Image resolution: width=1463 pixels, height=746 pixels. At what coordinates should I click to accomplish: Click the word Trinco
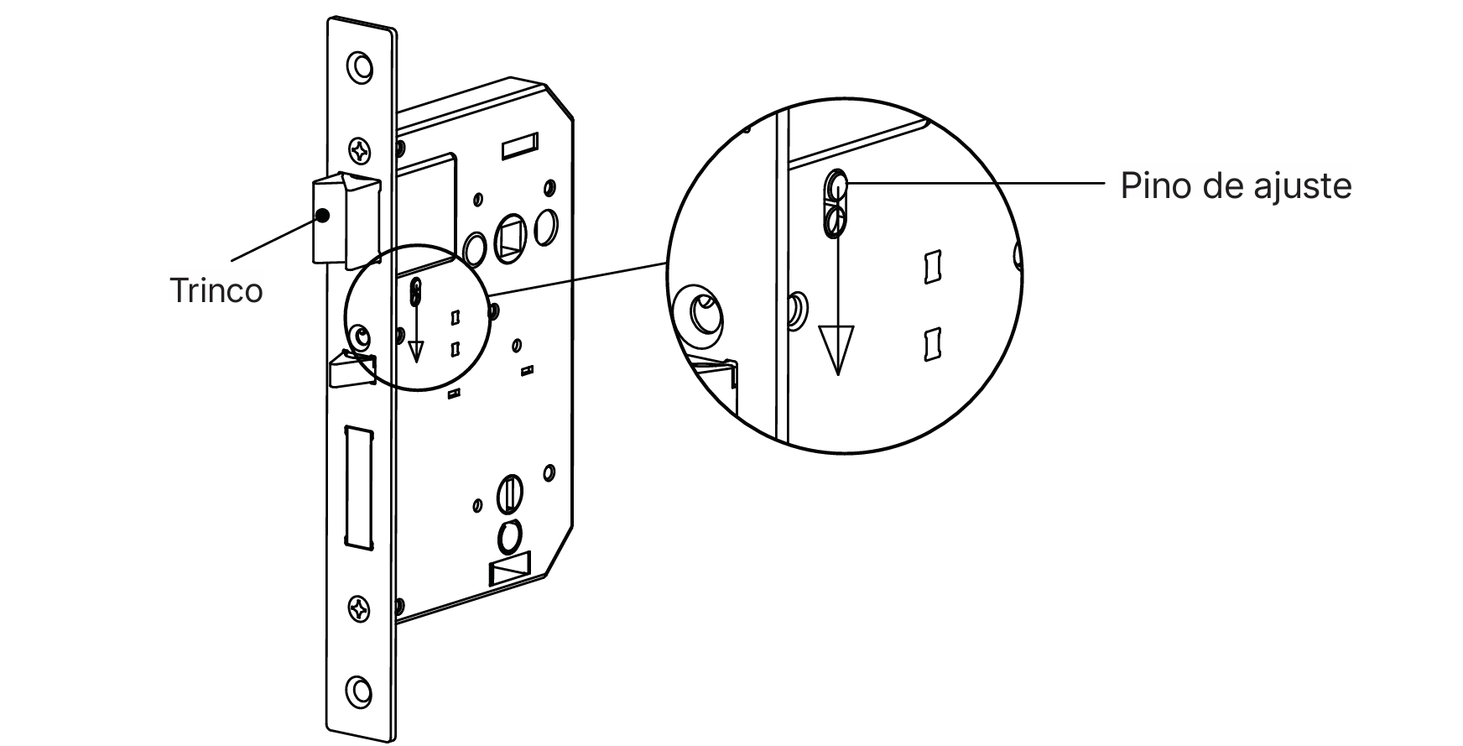tap(216, 290)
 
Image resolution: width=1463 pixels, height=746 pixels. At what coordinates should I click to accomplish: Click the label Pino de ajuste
tap(1236, 185)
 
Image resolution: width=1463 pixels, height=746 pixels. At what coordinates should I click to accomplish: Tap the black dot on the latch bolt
tap(323, 216)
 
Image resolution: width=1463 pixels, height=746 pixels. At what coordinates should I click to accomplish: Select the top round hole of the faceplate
tap(362, 67)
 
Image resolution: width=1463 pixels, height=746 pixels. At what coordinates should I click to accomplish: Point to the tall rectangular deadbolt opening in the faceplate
tap(357, 488)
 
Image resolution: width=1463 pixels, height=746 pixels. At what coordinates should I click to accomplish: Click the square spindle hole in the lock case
tap(510, 235)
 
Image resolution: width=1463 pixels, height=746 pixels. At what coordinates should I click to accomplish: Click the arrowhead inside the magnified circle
tap(837, 349)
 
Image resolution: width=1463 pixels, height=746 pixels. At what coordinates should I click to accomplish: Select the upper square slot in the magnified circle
tap(931, 267)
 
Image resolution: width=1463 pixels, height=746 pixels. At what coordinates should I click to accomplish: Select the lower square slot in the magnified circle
tap(931, 344)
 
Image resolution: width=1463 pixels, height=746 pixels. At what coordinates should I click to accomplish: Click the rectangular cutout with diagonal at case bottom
tap(510, 571)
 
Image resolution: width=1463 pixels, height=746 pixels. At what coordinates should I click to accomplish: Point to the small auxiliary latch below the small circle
tap(351, 370)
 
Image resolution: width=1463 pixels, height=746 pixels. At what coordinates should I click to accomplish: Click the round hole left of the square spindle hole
tap(474, 248)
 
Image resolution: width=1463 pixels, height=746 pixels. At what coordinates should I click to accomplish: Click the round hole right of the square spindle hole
tap(545, 225)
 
